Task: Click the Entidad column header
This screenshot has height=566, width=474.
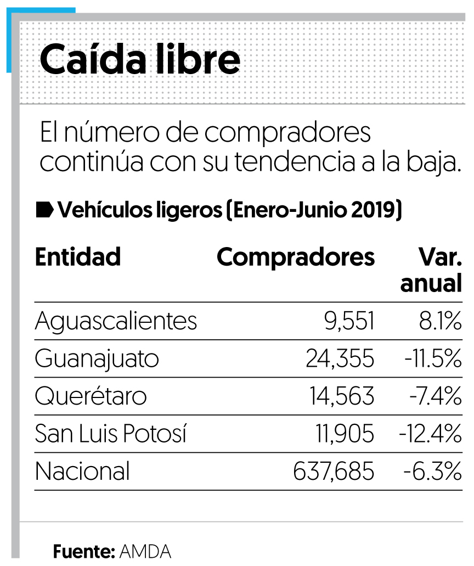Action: click(x=77, y=257)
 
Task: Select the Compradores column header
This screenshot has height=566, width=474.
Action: click(x=296, y=257)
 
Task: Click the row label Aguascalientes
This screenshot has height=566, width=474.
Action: click(x=116, y=321)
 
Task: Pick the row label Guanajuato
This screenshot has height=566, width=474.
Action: click(x=97, y=359)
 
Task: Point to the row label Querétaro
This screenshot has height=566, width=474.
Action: click(x=91, y=396)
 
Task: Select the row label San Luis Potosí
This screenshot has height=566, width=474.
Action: click(x=111, y=434)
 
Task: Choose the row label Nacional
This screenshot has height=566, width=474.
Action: click(x=82, y=472)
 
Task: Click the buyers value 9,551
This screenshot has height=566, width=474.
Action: click(x=349, y=321)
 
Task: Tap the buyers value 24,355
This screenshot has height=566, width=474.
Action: click(x=340, y=359)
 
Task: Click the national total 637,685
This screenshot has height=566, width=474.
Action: click(x=334, y=472)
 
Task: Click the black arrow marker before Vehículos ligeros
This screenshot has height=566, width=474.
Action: click(x=44, y=210)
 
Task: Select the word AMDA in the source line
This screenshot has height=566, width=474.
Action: click(x=145, y=551)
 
